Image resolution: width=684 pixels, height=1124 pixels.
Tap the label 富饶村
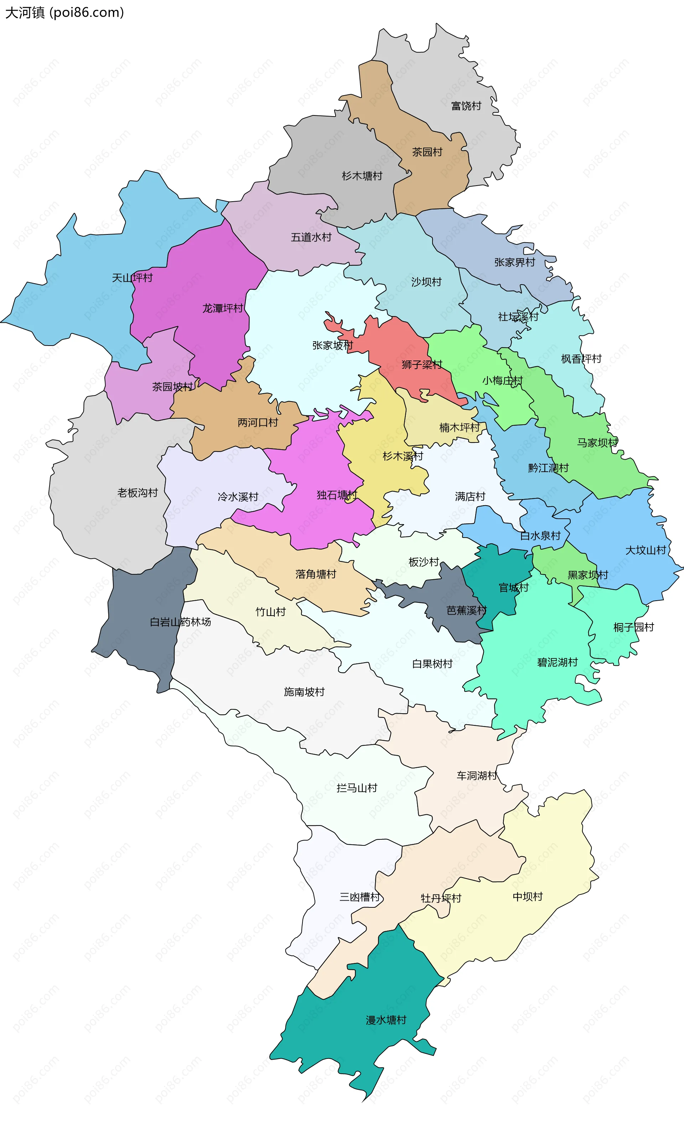tap(466, 106)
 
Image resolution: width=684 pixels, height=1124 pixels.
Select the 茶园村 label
tap(427, 152)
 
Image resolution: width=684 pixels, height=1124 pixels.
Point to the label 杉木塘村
tap(362, 176)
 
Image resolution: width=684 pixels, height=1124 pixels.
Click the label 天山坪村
tap(132, 278)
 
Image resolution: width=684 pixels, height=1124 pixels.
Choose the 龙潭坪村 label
tap(223, 309)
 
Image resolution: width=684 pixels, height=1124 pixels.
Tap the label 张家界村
tap(514, 262)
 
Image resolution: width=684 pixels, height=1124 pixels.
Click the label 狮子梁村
tap(422, 364)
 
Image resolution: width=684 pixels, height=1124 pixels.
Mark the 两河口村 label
tap(258, 423)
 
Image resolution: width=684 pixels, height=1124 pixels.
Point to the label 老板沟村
tap(138, 493)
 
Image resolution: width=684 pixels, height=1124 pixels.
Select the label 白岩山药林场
tap(180, 622)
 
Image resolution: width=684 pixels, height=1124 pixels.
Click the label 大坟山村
tap(645, 550)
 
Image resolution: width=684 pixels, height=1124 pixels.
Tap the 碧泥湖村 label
tap(557, 662)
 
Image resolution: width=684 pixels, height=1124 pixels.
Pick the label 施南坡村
tap(304, 692)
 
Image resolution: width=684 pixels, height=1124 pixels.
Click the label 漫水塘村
tap(385, 1020)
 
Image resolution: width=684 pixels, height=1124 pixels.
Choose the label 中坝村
tap(528, 897)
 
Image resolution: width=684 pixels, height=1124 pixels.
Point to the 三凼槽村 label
tap(359, 897)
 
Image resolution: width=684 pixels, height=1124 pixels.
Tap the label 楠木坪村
tap(459, 428)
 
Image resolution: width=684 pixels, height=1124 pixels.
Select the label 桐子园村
tap(633, 627)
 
